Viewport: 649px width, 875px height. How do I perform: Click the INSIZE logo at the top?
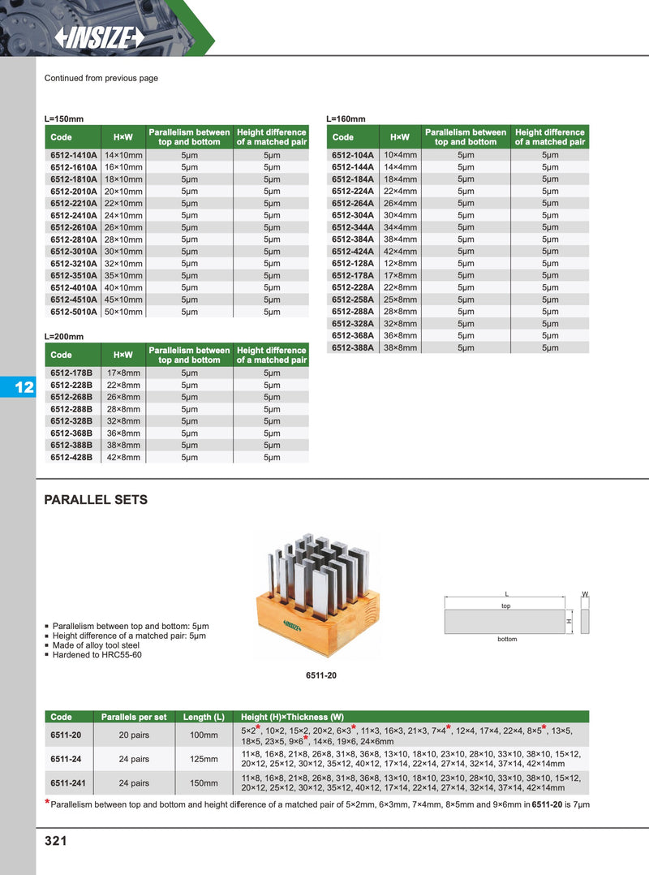click(98, 37)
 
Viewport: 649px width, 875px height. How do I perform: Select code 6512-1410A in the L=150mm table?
click(73, 155)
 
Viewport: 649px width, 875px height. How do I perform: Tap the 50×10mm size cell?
click(123, 312)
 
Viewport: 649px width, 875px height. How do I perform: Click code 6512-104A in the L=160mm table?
click(353, 155)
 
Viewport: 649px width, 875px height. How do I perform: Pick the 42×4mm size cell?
click(400, 252)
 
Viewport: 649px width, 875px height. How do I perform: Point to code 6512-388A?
click(353, 347)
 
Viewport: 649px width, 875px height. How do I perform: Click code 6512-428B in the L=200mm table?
click(71, 457)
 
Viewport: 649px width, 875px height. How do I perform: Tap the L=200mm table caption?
click(64, 336)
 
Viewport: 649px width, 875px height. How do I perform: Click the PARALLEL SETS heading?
click(96, 500)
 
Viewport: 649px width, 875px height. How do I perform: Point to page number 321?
click(55, 841)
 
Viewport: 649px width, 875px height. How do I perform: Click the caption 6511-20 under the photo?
click(320, 675)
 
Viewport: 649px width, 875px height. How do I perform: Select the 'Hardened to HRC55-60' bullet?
click(97, 654)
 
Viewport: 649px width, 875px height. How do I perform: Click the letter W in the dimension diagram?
click(585, 595)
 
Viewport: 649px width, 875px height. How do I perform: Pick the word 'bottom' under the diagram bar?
click(507, 640)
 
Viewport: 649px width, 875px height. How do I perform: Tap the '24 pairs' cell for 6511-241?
click(135, 783)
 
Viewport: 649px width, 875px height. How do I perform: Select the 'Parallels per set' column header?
click(134, 717)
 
